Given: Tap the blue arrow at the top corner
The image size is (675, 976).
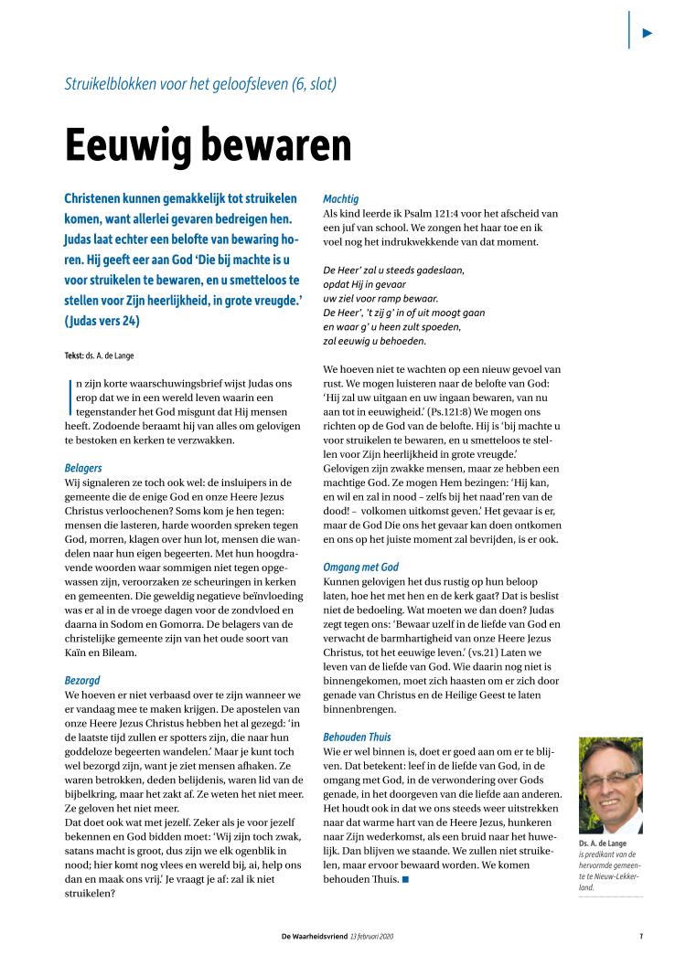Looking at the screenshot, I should click(x=648, y=33).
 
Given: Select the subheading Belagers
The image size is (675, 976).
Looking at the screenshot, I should click(x=83, y=468).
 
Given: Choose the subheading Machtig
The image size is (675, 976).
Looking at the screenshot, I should click(x=341, y=198).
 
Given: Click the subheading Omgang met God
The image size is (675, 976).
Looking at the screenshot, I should click(x=361, y=567).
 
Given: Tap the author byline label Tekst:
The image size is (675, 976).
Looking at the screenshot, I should click(x=76, y=355).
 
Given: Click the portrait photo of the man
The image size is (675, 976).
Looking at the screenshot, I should click(x=610, y=785).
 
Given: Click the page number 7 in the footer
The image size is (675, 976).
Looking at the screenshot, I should click(x=641, y=935).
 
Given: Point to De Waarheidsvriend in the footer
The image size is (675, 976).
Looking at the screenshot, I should click(x=316, y=935).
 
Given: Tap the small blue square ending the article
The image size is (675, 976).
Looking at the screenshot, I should click(x=404, y=880).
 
